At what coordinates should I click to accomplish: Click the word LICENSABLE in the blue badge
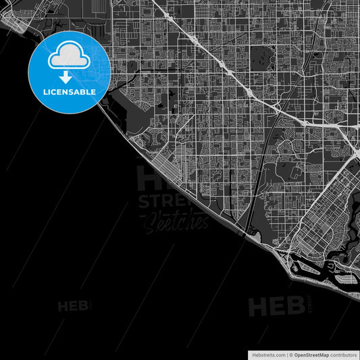click(70, 91)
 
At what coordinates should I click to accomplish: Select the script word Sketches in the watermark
click(174, 221)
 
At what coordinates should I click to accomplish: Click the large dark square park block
click(260, 57)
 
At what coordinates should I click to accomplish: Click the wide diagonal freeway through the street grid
click(223, 68)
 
